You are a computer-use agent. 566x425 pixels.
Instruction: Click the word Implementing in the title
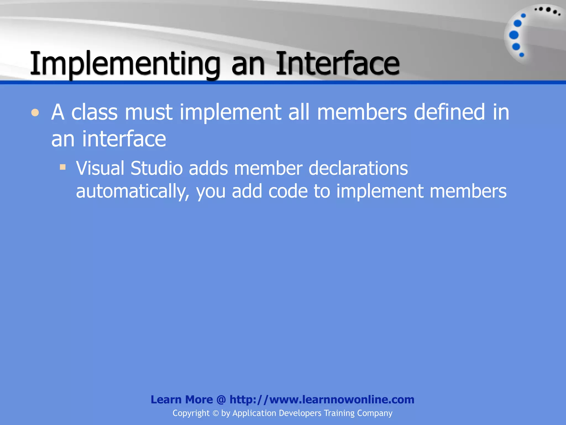click(x=124, y=64)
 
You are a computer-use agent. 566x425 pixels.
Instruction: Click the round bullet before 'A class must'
click(x=35, y=113)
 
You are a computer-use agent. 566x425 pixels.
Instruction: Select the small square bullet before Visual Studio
click(x=63, y=167)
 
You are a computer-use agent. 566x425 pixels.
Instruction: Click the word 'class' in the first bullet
click(x=94, y=112)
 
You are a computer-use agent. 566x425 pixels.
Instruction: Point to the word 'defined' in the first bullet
click(x=449, y=112)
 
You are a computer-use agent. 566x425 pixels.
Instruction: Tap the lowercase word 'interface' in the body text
click(x=124, y=139)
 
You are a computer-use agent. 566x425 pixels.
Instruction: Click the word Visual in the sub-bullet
click(x=100, y=168)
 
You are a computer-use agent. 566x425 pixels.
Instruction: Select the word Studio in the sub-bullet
click(x=156, y=168)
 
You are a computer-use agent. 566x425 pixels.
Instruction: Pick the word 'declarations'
click(x=358, y=168)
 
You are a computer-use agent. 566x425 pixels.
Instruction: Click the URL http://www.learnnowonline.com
click(x=322, y=400)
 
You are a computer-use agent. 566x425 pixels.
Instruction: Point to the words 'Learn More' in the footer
click(x=182, y=400)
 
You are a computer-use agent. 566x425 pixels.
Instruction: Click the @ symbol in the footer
click(x=221, y=400)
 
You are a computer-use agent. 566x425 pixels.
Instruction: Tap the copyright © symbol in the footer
click(x=216, y=413)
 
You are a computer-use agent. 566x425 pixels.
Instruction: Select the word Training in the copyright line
click(x=339, y=413)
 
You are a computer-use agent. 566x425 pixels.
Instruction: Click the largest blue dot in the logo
click(x=513, y=35)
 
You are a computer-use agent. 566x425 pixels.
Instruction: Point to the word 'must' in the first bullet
click(x=148, y=112)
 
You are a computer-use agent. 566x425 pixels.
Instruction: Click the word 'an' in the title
click(x=248, y=64)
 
